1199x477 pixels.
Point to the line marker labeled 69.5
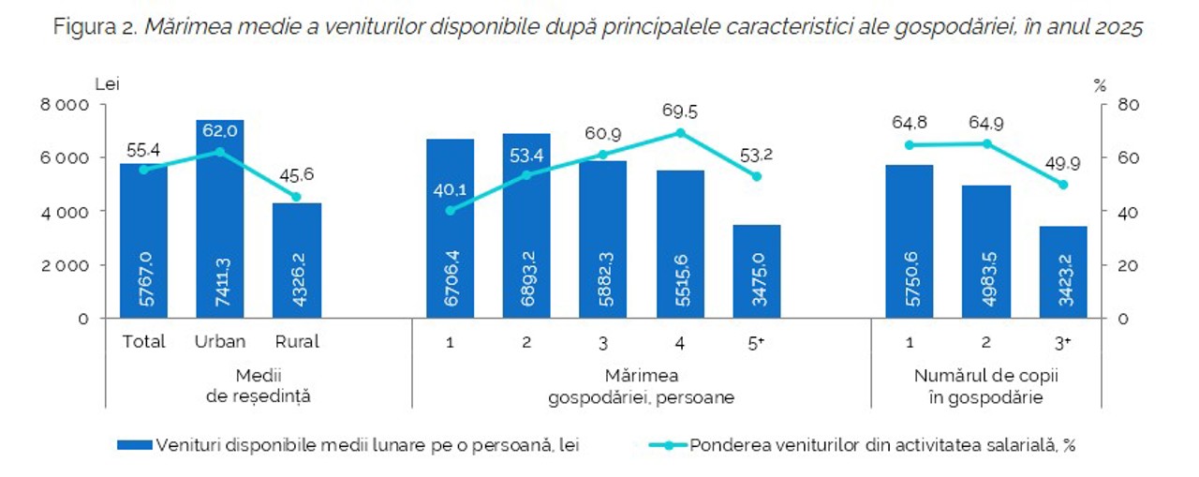(680, 132)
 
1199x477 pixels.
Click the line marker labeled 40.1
(450, 210)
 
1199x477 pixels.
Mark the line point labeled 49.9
(1062, 185)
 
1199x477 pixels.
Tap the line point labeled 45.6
(296, 197)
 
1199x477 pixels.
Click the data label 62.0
(221, 131)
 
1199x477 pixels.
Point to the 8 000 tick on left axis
(65, 105)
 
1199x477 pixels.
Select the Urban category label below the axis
(220, 342)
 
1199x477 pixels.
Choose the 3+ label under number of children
(1062, 342)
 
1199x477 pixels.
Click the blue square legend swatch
(135, 445)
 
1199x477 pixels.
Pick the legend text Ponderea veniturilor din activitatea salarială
(881, 445)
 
